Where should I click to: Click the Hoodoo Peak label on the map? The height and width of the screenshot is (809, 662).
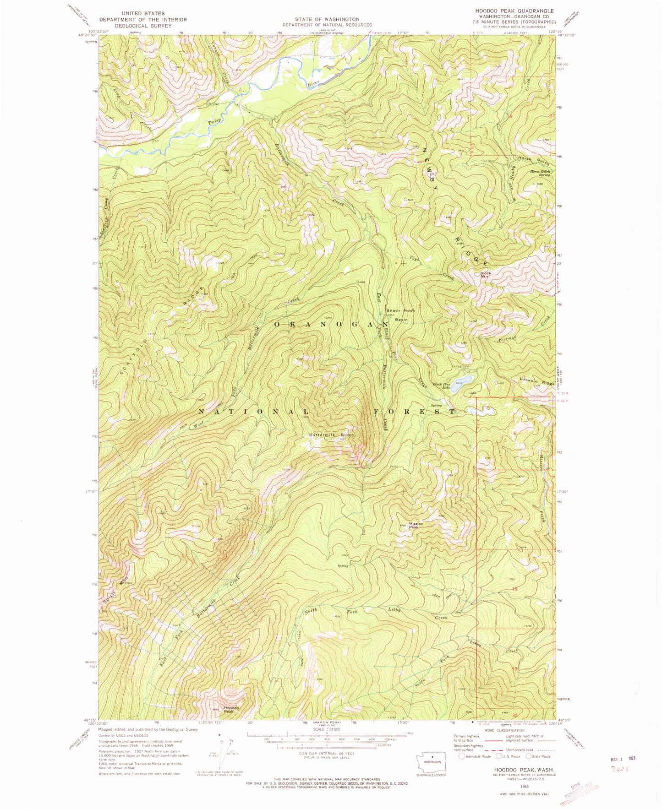point(229,710)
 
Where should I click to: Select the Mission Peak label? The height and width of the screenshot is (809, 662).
point(416,526)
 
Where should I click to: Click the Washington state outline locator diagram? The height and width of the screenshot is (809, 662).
point(429,762)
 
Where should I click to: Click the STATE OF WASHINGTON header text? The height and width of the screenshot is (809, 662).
point(327,19)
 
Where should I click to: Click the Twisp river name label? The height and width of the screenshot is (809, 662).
point(215,122)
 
